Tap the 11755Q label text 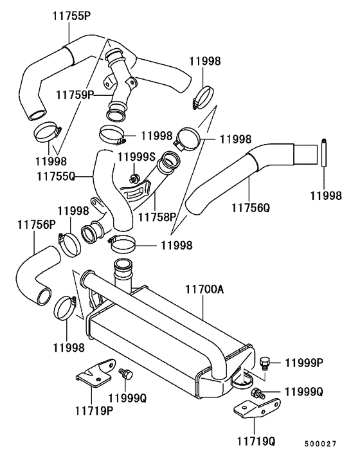55,174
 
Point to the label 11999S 137,157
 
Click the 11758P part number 157,217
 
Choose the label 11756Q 250,208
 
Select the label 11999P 303,363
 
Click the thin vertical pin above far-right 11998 325,155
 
